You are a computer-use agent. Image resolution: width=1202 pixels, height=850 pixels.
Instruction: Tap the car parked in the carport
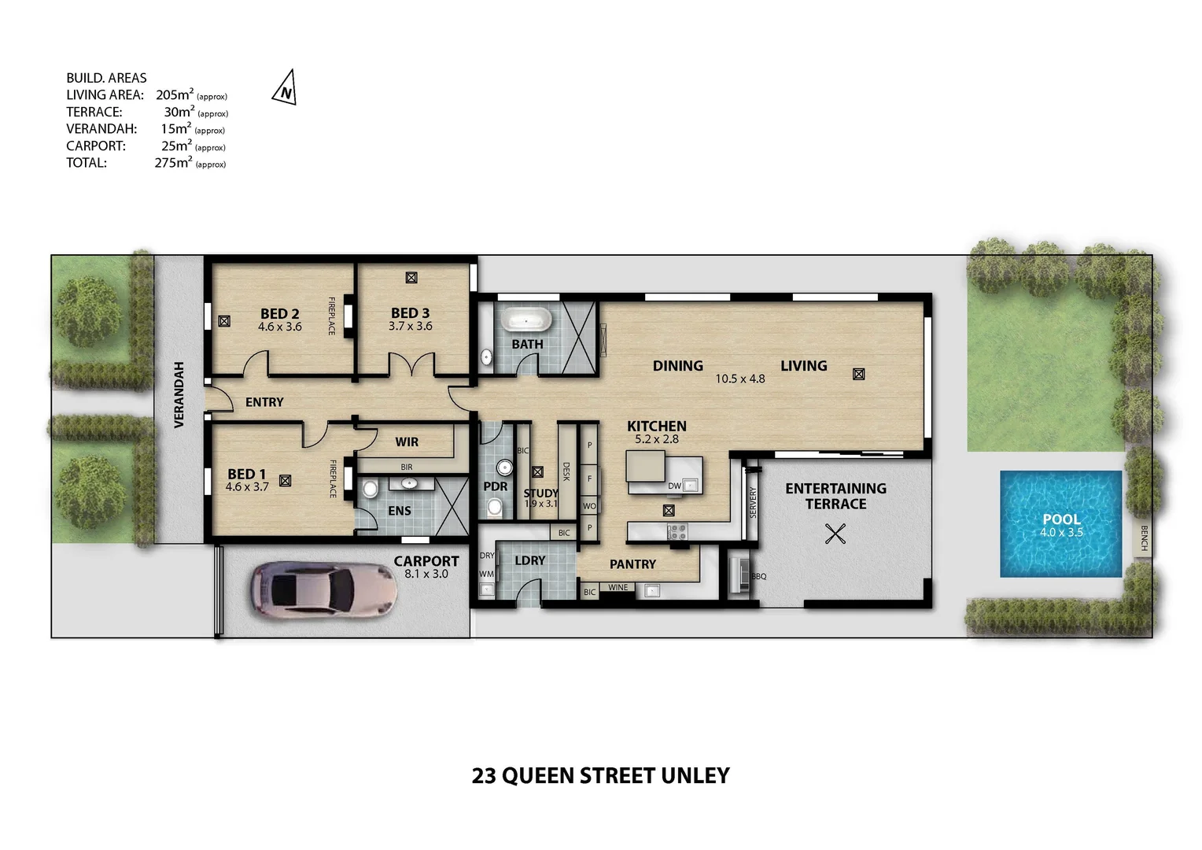click(323, 589)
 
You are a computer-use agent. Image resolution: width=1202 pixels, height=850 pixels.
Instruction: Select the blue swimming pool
click(1060, 524)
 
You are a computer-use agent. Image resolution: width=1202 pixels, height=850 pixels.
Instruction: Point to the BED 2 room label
click(280, 314)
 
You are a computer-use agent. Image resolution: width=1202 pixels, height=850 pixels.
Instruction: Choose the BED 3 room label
click(410, 313)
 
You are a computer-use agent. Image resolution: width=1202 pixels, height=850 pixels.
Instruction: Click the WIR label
click(407, 442)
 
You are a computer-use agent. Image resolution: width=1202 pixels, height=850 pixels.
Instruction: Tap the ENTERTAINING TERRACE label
click(835, 496)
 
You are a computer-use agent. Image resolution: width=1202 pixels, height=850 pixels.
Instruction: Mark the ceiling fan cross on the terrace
click(835, 535)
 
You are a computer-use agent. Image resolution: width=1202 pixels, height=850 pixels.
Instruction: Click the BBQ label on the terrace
click(758, 577)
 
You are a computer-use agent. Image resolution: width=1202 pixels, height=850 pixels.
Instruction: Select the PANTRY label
click(632, 564)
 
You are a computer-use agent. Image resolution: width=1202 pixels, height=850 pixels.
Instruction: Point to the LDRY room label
click(529, 560)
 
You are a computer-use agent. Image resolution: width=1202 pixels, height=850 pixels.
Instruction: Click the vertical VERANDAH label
click(179, 395)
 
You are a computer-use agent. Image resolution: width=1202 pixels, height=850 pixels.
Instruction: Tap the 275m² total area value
click(173, 163)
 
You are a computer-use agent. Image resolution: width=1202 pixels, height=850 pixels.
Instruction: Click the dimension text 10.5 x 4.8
click(739, 379)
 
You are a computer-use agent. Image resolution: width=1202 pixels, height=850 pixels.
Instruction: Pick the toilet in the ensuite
click(370, 490)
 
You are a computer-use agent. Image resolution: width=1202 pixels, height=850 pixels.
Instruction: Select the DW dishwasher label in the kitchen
click(674, 486)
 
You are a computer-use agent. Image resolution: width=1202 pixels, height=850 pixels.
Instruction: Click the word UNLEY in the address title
click(695, 776)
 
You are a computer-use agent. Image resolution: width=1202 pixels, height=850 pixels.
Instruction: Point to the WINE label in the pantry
click(618, 588)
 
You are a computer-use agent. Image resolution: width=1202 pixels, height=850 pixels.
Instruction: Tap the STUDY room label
click(540, 493)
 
